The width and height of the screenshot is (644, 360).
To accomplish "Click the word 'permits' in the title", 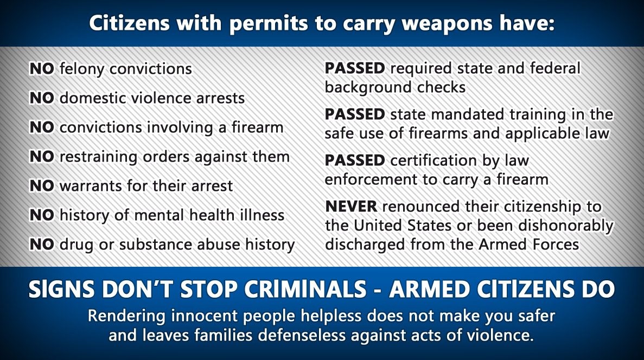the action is (x=268, y=24).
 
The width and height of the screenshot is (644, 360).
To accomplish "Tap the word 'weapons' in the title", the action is (x=447, y=23).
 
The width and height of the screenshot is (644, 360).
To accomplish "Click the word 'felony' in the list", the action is (x=82, y=69).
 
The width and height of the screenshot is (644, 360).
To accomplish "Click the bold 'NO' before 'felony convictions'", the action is (x=42, y=68).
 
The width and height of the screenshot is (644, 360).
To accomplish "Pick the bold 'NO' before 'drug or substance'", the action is (x=42, y=244).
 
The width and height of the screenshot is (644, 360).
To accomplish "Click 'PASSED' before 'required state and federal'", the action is (x=355, y=68).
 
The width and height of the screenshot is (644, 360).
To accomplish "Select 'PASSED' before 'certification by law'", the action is (x=355, y=160).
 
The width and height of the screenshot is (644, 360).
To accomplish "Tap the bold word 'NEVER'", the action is (x=351, y=206).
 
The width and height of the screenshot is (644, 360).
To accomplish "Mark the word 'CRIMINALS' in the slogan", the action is (x=305, y=290).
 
